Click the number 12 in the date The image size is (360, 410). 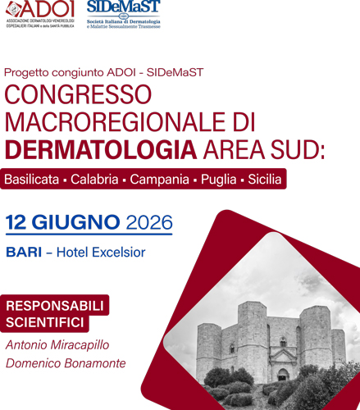18,222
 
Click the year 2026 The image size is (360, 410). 149,222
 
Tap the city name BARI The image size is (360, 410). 23,253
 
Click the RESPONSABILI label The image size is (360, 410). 56,306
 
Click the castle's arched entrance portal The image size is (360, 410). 283,374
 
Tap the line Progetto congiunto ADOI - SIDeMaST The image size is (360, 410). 104,72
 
